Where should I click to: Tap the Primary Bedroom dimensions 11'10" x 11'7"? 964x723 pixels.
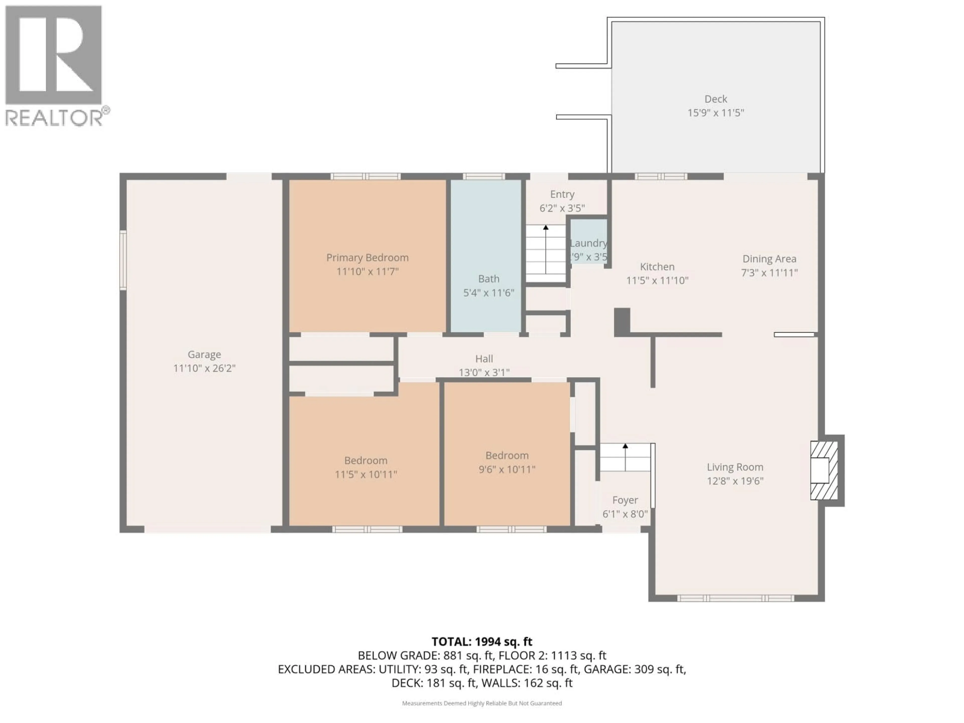coord(367,272)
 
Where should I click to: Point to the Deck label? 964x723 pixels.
coord(715,99)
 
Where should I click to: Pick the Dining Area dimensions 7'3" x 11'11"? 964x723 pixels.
coord(769,273)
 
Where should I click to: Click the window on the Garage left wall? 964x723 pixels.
coord(123,260)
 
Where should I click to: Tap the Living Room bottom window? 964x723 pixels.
coord(736,598)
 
